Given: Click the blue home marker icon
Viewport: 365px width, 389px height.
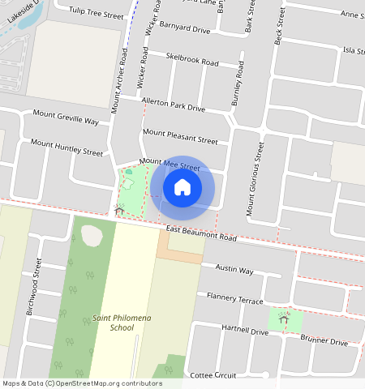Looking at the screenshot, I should [182, 187].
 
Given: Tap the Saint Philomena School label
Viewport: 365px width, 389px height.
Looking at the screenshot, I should [113, 323].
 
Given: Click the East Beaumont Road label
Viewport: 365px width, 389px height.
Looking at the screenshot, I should [201, 234].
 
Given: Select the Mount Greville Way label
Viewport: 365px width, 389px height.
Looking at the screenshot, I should [66, 118].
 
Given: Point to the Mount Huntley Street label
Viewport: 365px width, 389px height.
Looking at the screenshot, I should [67, 147].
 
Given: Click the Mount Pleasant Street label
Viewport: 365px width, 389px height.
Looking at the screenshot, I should [181, 135].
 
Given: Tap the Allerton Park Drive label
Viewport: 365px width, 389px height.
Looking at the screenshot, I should [173, 105].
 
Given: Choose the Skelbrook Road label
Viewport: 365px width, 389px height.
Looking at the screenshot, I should [192, 59].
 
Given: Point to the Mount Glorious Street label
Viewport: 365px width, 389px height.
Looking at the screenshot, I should [255, 178].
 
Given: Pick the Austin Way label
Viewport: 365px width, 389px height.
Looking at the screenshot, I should [234, 270].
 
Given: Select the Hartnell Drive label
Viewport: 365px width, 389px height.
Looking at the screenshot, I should [244, 330].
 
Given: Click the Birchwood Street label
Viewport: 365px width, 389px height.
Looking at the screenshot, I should [34, 286].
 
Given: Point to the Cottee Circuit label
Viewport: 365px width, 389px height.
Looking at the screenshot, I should [213, 376].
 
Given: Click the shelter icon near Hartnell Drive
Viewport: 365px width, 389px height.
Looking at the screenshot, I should [283, 318].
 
